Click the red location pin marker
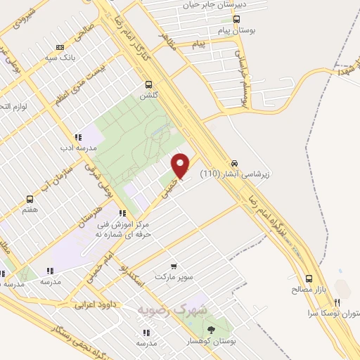pyautogui.click(x=181, y=165)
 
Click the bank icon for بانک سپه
pyautogui.click(x=60, y=47)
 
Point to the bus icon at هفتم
pyautogui.click(x=30, y=199)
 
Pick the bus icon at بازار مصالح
pyautogui.click(x=309, y=278)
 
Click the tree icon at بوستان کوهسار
pyautogui.click(x=210, y=330)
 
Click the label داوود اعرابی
pyautogui.click(x=96, y=305)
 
